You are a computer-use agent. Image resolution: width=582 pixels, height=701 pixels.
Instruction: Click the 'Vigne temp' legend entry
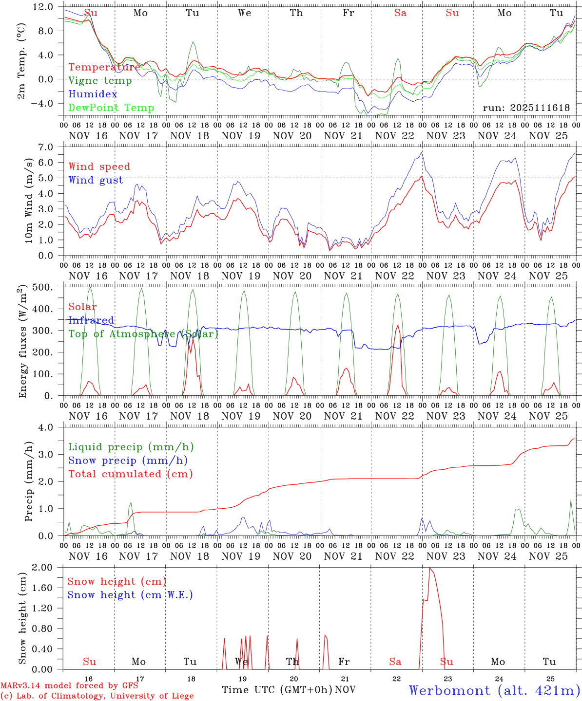coord(100,81)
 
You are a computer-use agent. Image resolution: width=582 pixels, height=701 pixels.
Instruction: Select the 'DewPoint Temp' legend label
coord(111,108)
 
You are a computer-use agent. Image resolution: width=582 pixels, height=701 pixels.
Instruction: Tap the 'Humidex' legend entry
coord(93,94)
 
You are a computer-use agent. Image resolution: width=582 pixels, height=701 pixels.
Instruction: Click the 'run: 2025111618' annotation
coord(526,108)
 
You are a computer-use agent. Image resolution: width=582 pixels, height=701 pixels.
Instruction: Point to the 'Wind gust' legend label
coord(96,180)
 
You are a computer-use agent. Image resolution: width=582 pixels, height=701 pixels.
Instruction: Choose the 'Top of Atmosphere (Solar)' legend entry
coord(143,334)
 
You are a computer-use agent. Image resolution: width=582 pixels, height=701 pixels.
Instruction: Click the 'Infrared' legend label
coord(91,320)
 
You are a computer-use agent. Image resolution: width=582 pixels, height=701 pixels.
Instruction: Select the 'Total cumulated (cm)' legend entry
coord(131,474)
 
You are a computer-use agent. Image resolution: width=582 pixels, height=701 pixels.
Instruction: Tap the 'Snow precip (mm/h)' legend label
coord(128,461)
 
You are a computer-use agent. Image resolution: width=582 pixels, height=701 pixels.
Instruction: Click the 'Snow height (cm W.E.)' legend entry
coord(130,595)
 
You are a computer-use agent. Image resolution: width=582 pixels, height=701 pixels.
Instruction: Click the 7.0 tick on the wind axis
coord(50,147)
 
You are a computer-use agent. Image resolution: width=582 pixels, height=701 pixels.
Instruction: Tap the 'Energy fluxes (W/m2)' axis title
coord(22,341)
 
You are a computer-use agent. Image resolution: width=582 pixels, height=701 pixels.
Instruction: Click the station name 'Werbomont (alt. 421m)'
coord(494,690)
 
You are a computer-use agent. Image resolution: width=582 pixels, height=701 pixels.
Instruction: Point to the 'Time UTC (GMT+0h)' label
coord(277,690)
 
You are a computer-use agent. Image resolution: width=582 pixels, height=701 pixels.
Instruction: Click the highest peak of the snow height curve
coord(429,568)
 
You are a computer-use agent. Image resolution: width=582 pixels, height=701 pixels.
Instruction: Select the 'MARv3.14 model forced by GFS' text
coord(69,686)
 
